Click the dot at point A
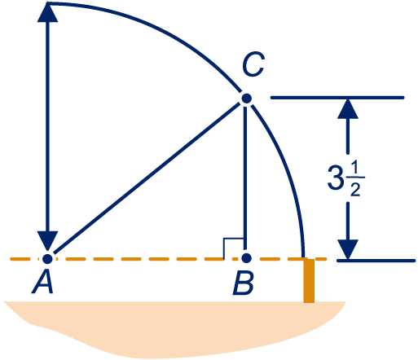click(47, 259)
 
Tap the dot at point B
click(246, 258)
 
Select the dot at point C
click(246, 99)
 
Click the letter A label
click(42, 283)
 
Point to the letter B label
click(243, 283)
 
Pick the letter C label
click(253, 64)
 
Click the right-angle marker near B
click(233, 248)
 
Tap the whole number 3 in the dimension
click(335, 178)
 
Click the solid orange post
click(309, 281)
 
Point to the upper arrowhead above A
click(47, 12)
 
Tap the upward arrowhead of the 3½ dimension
click(348, 108)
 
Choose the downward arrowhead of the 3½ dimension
click(348, 249)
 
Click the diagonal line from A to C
click(147, 178)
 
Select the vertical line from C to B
click(245, 177)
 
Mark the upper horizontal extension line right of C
click(337, 98)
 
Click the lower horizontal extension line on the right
click(376, 261)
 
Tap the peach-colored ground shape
click(174, 328)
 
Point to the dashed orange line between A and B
click(147, 259)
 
